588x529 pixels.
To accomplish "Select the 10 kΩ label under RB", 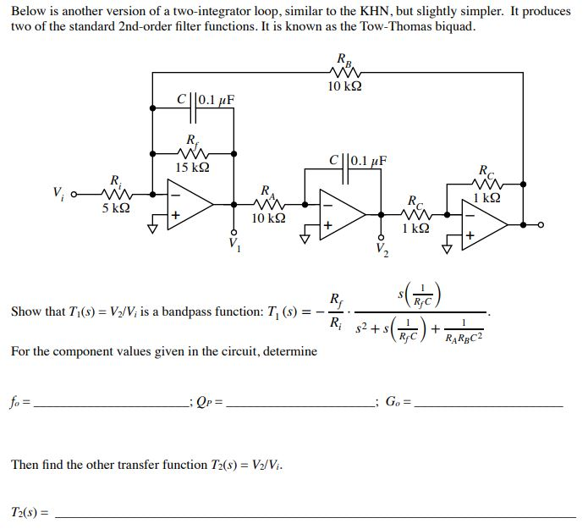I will point(344,86).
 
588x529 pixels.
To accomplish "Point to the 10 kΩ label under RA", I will point(268,218).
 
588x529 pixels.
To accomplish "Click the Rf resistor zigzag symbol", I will point(193,153).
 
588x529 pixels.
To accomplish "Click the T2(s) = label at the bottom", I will point(29,512).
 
